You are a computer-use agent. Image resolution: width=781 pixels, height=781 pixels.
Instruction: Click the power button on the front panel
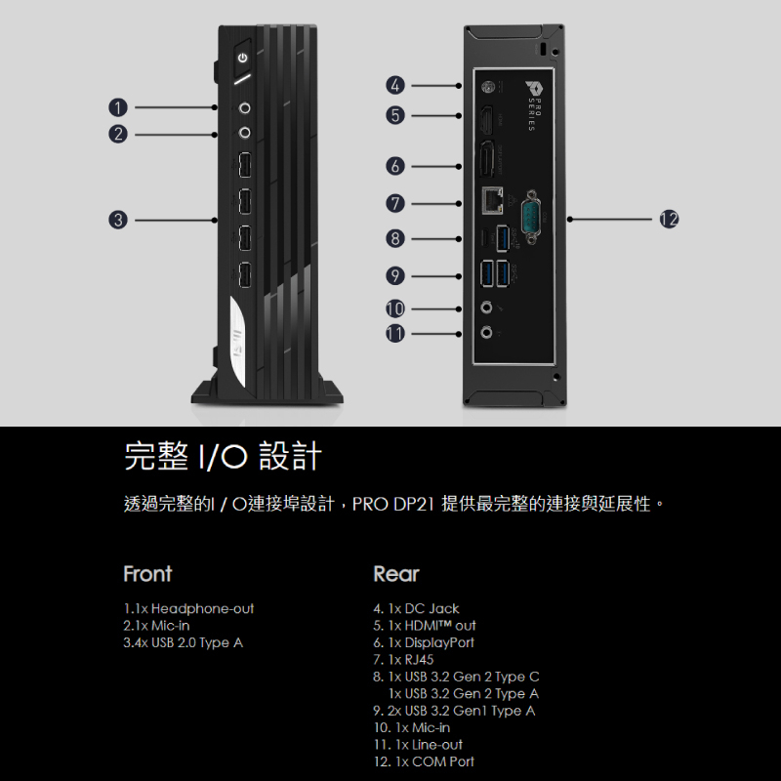[243, 58]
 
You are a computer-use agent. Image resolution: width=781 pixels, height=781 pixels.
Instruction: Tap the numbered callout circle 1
[118, 106]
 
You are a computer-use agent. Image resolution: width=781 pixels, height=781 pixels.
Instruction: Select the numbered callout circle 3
[118, 221]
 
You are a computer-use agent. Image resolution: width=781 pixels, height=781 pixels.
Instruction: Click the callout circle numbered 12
[669, 220]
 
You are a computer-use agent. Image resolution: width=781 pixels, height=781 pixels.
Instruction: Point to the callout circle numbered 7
[394, 203]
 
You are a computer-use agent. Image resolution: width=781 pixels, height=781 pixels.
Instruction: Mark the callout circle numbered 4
[394, 85]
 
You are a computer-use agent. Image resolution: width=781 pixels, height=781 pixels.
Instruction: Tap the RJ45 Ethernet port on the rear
[493, 199]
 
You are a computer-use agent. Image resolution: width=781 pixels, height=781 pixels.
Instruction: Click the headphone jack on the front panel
[244, 106]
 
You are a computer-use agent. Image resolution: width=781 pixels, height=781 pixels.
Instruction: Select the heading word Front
[147, 573]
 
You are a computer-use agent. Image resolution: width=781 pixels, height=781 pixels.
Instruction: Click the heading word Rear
[395, 573]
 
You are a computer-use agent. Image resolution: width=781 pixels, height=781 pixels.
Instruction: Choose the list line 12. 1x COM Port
[424, 761]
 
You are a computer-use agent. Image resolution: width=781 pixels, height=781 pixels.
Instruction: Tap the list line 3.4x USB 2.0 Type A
[184, 642]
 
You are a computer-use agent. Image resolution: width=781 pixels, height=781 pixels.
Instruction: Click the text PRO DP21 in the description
[393, 505]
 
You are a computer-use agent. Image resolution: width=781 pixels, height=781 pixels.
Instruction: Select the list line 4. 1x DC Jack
[416, 608]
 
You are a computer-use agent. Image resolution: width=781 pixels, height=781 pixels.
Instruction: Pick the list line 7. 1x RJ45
[404, 659]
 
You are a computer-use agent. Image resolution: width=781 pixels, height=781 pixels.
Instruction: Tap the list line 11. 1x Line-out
[419, 744]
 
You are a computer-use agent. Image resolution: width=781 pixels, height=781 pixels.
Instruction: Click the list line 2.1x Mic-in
[157, 625]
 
